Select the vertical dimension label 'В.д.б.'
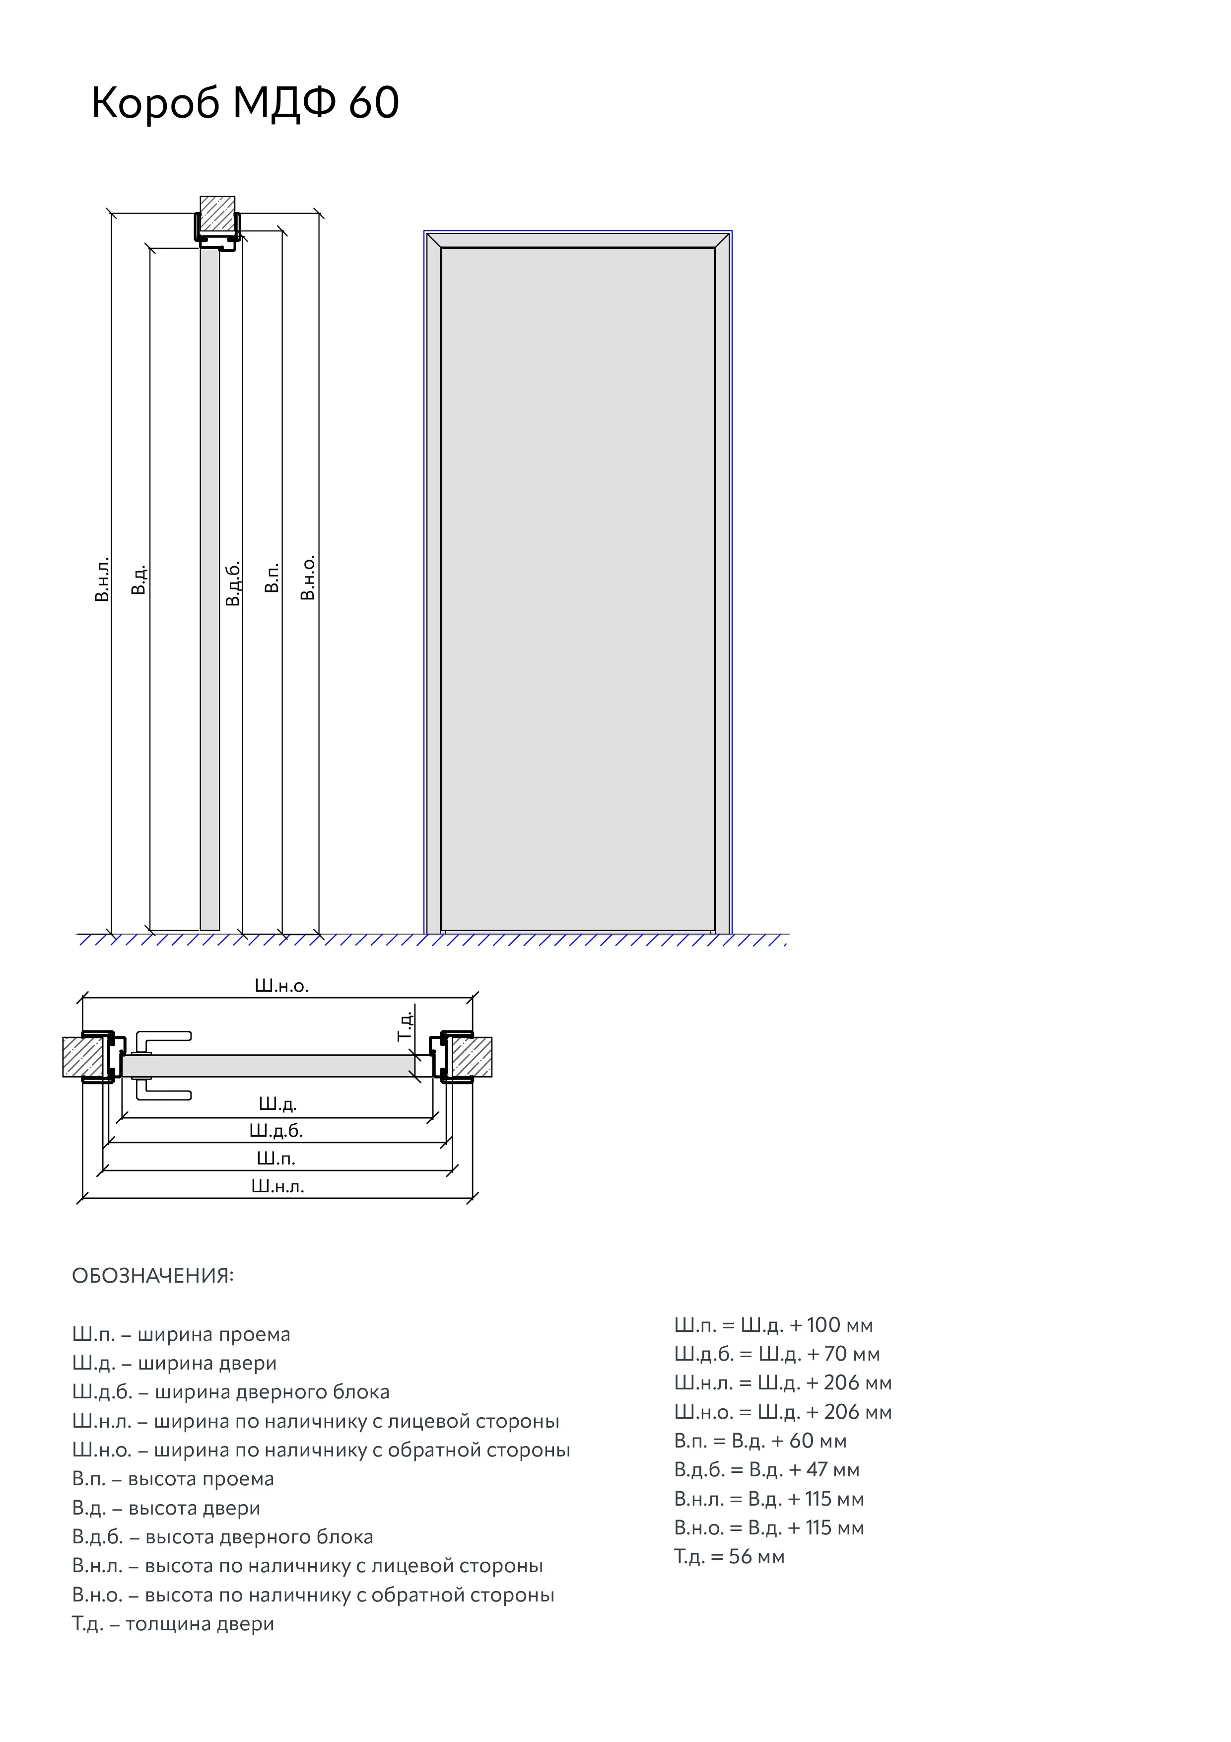233,582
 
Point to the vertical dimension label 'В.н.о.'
307,578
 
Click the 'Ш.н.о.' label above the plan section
281,986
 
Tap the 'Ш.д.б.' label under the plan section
276,1131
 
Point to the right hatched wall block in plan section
471,1056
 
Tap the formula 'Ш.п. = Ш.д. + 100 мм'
773,1325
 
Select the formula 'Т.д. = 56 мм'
729,1557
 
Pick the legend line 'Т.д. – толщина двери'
173,1624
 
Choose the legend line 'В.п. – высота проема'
173,1479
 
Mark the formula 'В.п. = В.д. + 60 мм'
760,1441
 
